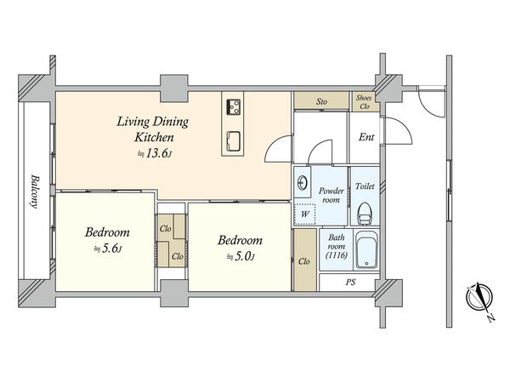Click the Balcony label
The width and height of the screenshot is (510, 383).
(x=35, y=191)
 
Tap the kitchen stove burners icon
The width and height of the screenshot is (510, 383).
(x=234, y=107)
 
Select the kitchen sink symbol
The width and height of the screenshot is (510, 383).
(x=234, y=141)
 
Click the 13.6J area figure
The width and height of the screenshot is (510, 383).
(x=154, y=154)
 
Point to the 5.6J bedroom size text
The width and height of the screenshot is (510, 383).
(x=108, y=249)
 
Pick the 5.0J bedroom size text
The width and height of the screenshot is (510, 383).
(x=241, y=257)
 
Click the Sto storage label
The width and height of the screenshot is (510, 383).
(x=321, y=101)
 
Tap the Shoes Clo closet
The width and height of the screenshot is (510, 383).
(x=365, y=102)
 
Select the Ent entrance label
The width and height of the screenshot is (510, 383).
(x=366, y=137)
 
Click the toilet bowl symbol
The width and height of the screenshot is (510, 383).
(x=365, y=214)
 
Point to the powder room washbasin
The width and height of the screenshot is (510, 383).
(x=302, y=183)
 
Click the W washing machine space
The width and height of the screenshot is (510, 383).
(x=305, y=214)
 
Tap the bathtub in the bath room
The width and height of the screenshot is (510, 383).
(x=366, y=250)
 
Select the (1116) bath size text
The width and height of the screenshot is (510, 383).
(x=337, y=255)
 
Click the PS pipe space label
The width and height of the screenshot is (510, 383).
(x=350, y=282)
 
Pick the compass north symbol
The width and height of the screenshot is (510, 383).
(x=480, y=299)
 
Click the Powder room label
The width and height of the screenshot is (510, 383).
(x=331, y=195)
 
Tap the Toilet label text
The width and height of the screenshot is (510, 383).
(x=365, y=186)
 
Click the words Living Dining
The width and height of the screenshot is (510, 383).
(x=152, y=122)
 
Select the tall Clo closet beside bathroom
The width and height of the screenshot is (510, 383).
(x=305, y=260)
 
